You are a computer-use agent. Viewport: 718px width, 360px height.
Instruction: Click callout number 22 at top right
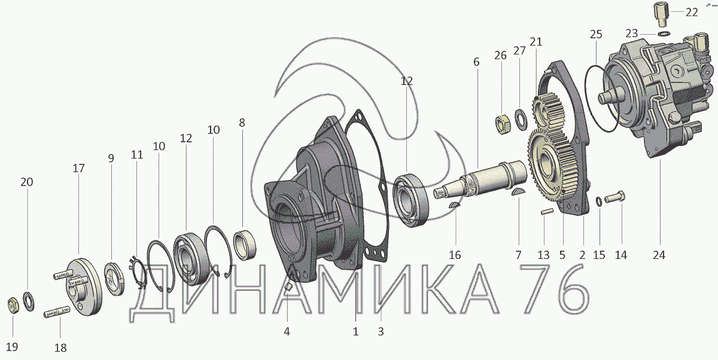coord(692,13)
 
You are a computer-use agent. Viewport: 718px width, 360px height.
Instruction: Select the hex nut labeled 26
coord(503,124)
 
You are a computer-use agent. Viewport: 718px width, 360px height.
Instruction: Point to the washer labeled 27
coord(521,120)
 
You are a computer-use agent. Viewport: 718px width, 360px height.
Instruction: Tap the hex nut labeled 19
coord(13,305)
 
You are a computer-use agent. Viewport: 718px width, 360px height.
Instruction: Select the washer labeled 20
coord(29,301)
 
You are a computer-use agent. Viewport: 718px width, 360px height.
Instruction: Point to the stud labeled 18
coord(57,313)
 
